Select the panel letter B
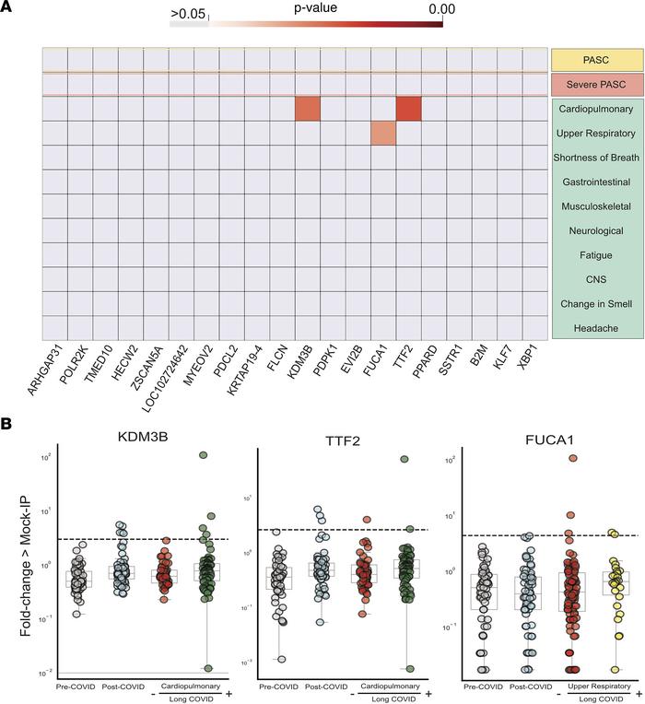click(x=8, y=424)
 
